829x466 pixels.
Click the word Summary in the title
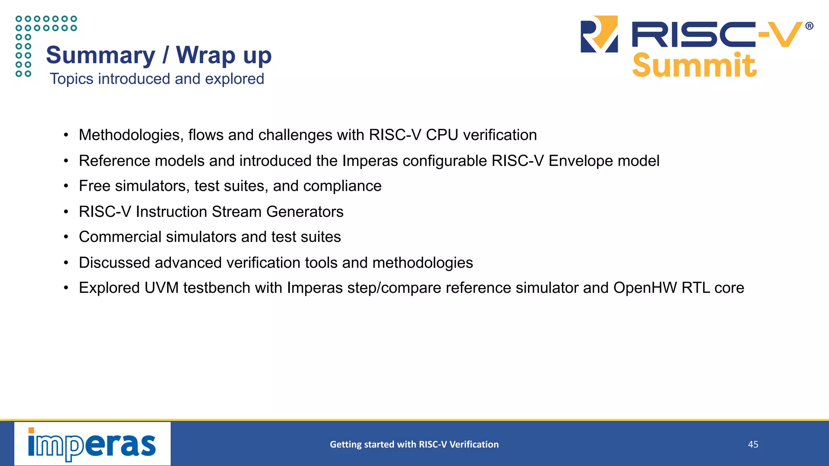point(100,55)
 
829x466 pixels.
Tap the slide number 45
point(753,444)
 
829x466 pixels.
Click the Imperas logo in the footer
point(92,444)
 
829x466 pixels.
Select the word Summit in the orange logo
point(694,66)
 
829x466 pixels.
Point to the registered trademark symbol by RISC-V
point(809,26)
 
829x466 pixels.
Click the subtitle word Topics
point(72,79)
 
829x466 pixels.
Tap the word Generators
point(305,212)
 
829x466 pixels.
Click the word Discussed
point(115,263)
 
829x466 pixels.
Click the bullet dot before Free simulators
point(66,186)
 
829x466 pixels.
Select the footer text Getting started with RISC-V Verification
point(414,444)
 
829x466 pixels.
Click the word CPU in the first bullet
point(442,135)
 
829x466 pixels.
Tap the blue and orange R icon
point(599,34)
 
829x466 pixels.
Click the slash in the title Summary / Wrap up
point(165,55)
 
